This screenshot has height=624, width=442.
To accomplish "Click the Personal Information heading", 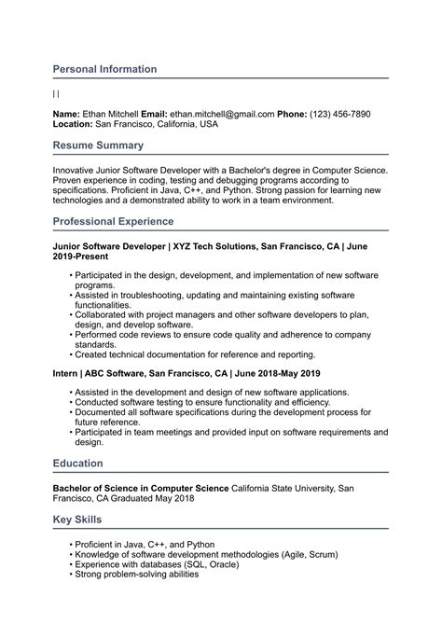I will pos(104,69).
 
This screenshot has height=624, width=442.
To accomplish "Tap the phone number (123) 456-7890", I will pos(339,114).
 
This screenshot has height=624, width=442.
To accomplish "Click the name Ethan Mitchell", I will pos(110,114).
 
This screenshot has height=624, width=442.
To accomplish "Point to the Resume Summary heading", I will pos(98,146).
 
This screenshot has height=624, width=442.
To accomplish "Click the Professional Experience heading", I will pos(113,221).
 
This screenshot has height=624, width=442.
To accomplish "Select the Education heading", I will pos(77,463).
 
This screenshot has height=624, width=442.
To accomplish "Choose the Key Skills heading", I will pos(77,519).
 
